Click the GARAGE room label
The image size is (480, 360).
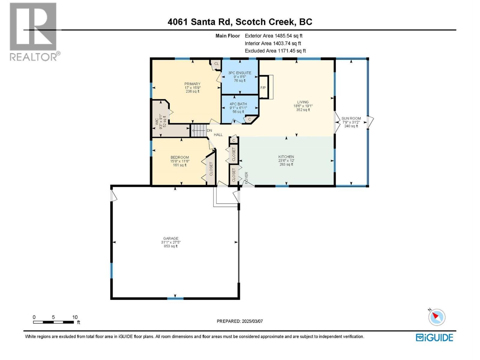click(x=171, y=238)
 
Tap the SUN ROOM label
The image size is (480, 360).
click(x=351, y=118)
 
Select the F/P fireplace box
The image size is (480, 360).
click(x=263, y=88)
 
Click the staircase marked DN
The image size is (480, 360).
click(x=199, y=130)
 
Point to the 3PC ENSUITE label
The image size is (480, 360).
click(x=240, y=73)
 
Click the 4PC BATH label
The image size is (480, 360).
click(x=238, y=104)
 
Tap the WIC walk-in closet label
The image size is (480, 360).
click(x=157, y=121)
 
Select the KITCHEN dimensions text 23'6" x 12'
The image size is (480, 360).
click(x=286, y=160)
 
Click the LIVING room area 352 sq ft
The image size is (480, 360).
click(x=303, y=110)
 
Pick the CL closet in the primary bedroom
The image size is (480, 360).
click(x=216, y=64)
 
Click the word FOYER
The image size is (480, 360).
click(x=247, y=178)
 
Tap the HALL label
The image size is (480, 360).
click(x=218, y=135)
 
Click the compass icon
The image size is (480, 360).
click(x=437, y=317)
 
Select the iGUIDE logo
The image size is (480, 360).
click(x=434, y=337)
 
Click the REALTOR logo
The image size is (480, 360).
click(x=33, y=31)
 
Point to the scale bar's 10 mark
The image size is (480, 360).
click(x=75, y=317)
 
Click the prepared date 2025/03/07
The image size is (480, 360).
click(x=252, y=321)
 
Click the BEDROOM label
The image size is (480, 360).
click(x=180, y=157)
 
